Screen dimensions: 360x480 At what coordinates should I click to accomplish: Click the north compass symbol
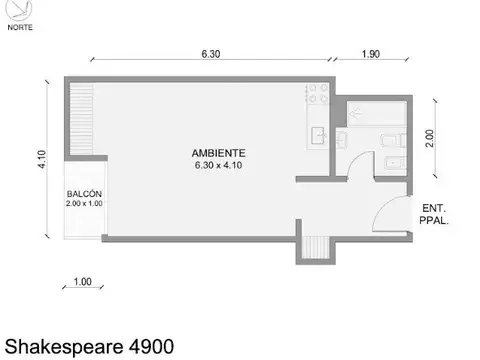pos(19,10)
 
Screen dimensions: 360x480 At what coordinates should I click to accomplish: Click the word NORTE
pos(19,27)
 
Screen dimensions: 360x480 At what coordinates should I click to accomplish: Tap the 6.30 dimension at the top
pos(210,54)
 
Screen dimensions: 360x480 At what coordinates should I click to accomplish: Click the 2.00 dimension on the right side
pos(431,138)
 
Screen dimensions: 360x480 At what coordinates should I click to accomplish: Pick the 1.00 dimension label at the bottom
pos(83,283)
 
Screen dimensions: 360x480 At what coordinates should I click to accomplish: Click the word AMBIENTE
pos(219,153)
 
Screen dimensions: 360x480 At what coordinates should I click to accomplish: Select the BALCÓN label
pos(85,193)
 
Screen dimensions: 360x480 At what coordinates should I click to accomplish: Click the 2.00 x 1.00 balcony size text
pos(85,203)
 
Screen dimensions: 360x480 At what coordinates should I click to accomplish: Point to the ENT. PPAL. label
pos(433,214)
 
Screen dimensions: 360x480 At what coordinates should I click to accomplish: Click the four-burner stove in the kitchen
pos(317,95)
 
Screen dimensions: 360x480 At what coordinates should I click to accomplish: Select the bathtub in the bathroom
pos(372,111)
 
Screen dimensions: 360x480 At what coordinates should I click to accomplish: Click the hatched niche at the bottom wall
pos(315,246)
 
